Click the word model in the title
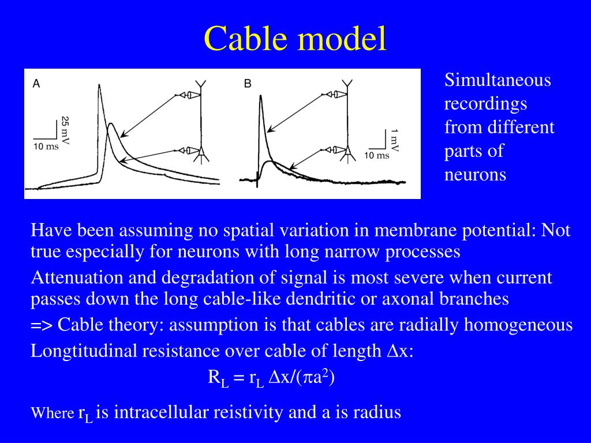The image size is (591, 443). pos(343,39)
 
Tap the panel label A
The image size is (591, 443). pos(36,84)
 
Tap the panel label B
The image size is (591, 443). pos(248,84)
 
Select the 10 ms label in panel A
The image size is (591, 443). pos(46,146)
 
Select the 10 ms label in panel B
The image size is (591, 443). pos(376,155)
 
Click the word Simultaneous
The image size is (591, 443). pos(498,80)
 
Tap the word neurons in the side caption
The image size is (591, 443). pos(475,174)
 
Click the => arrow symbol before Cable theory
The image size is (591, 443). pos(42,325)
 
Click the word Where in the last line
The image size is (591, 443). pos(52,413)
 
